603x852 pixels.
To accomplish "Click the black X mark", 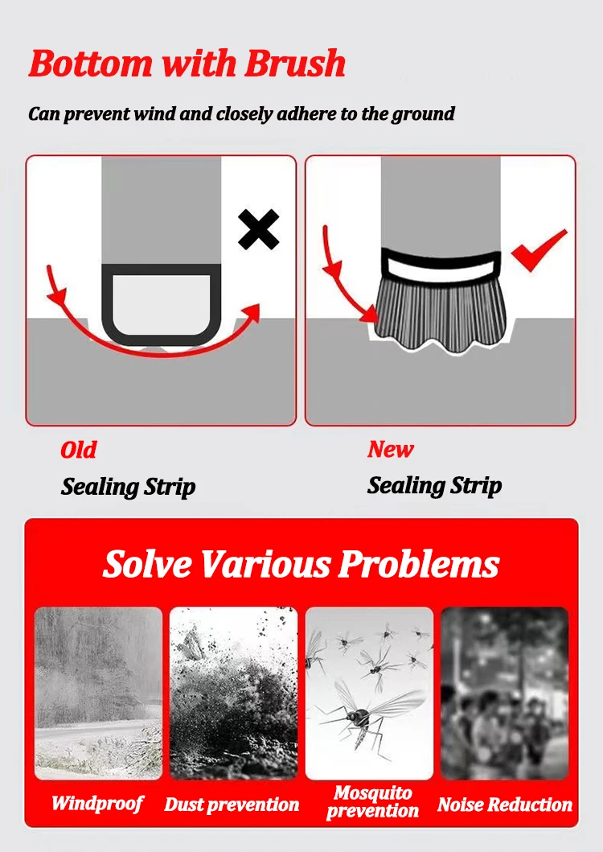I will [x=259, y=229].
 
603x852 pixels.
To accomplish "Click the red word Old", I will [x=78, y=450].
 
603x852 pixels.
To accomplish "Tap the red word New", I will [x=390, y=449].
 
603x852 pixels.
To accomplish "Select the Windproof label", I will [x=97, y=803].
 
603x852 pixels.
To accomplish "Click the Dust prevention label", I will [x=232, y=805].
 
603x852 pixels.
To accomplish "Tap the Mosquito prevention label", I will [x=372, y=802].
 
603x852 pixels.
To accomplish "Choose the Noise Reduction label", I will [x=504, y=805].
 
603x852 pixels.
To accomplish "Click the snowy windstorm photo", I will [x=98, y=693].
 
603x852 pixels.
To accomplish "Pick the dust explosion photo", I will [x=233, y=693].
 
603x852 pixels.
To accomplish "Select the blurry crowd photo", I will [x=504, y=693].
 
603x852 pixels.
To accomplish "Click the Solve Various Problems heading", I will [x=301, y=564].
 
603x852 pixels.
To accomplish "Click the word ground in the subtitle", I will [x=423, y=114].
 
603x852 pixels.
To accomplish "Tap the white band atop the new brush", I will [x=440, y=263].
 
